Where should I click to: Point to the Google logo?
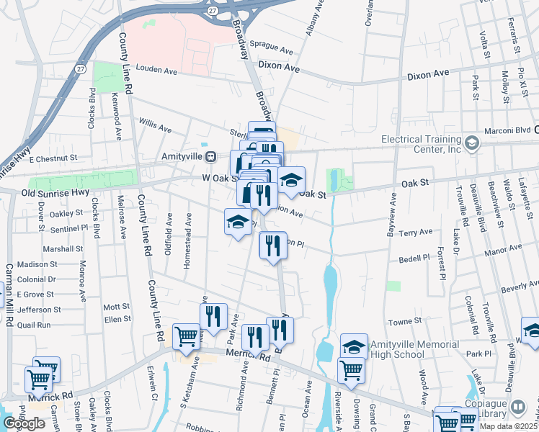pyautogui.click(x=24, y=423)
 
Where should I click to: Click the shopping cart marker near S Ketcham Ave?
pyautogui.click(x=187, y=337)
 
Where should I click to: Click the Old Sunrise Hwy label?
pyautogui.click(x=54, y=192)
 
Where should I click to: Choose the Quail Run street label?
pyautogui.click(x=34, y=325)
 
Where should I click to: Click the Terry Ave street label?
pyautogui.click(x=416, y=233)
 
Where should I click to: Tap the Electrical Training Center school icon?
pyautogui.click(x=472, y=142)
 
